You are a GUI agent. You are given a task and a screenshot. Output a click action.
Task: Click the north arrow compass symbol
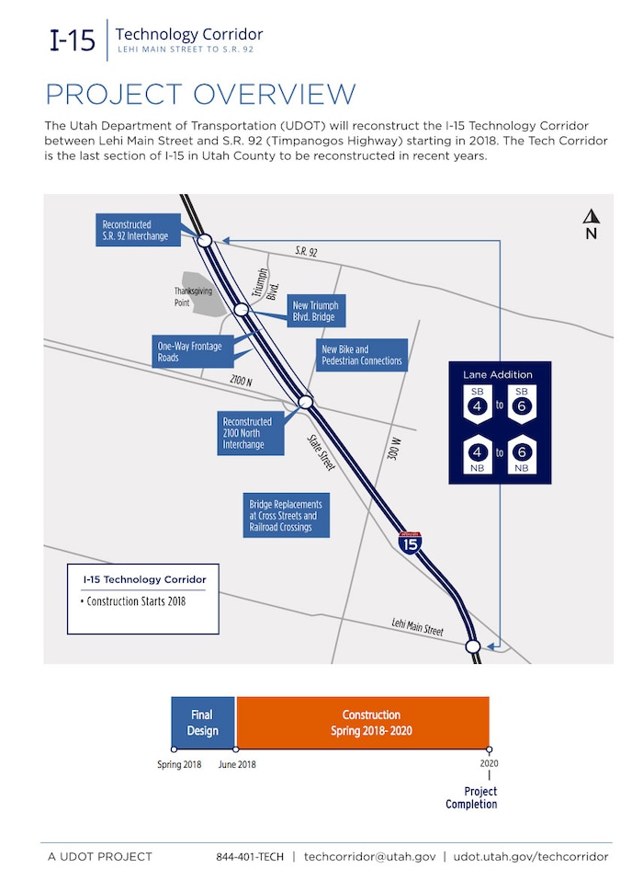pos(592,223)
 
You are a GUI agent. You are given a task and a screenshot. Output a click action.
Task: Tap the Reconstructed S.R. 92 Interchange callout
pos(138,230)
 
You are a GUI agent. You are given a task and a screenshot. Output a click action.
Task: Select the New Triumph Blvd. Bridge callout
pos(314,312)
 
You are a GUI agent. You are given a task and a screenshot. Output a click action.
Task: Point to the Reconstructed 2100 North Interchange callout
pos(247,433)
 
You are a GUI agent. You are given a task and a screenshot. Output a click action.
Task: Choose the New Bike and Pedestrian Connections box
pos(361,355)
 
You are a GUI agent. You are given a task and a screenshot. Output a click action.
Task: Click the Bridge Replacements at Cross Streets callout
pos(285,516)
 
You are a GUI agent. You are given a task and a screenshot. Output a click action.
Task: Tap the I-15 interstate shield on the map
pos(411,542)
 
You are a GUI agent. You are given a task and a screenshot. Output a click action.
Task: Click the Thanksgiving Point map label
pos(193,296)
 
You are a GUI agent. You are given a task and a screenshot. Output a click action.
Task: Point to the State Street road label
pos(321,451)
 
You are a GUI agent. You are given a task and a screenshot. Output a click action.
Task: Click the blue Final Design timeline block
pos(203,722)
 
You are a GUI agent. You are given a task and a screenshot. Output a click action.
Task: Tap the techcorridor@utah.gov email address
pos(369,856)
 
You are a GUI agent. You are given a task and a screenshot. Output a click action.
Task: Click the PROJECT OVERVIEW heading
pos(200,95)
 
